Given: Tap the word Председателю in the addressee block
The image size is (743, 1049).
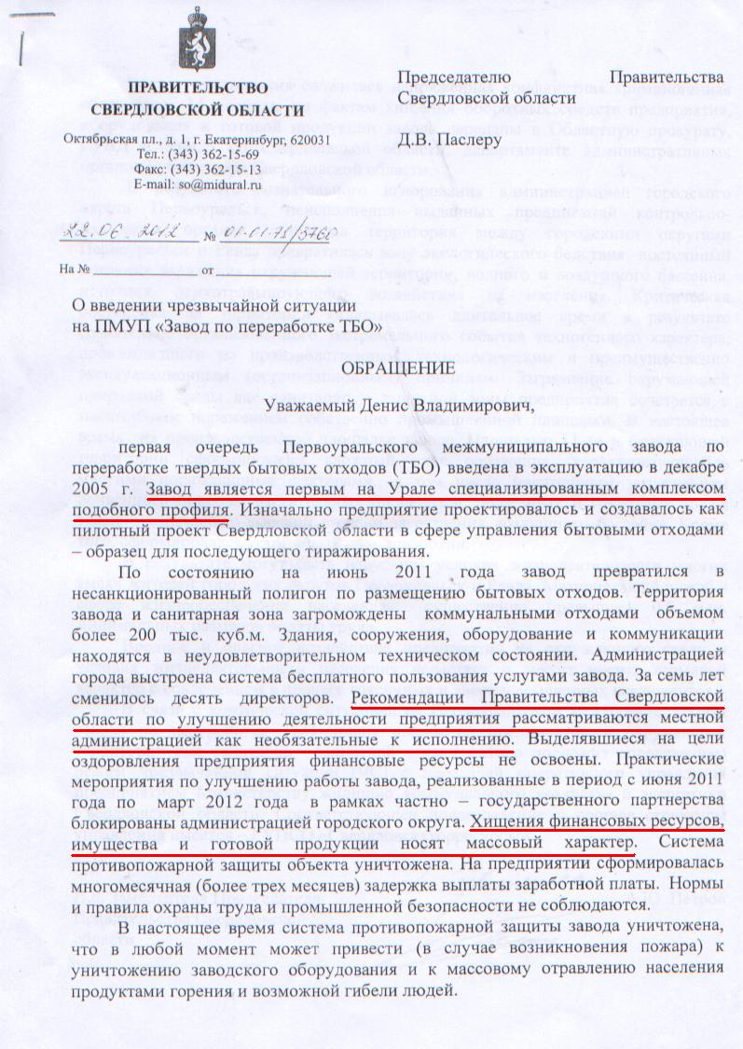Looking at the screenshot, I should pos(454,76).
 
